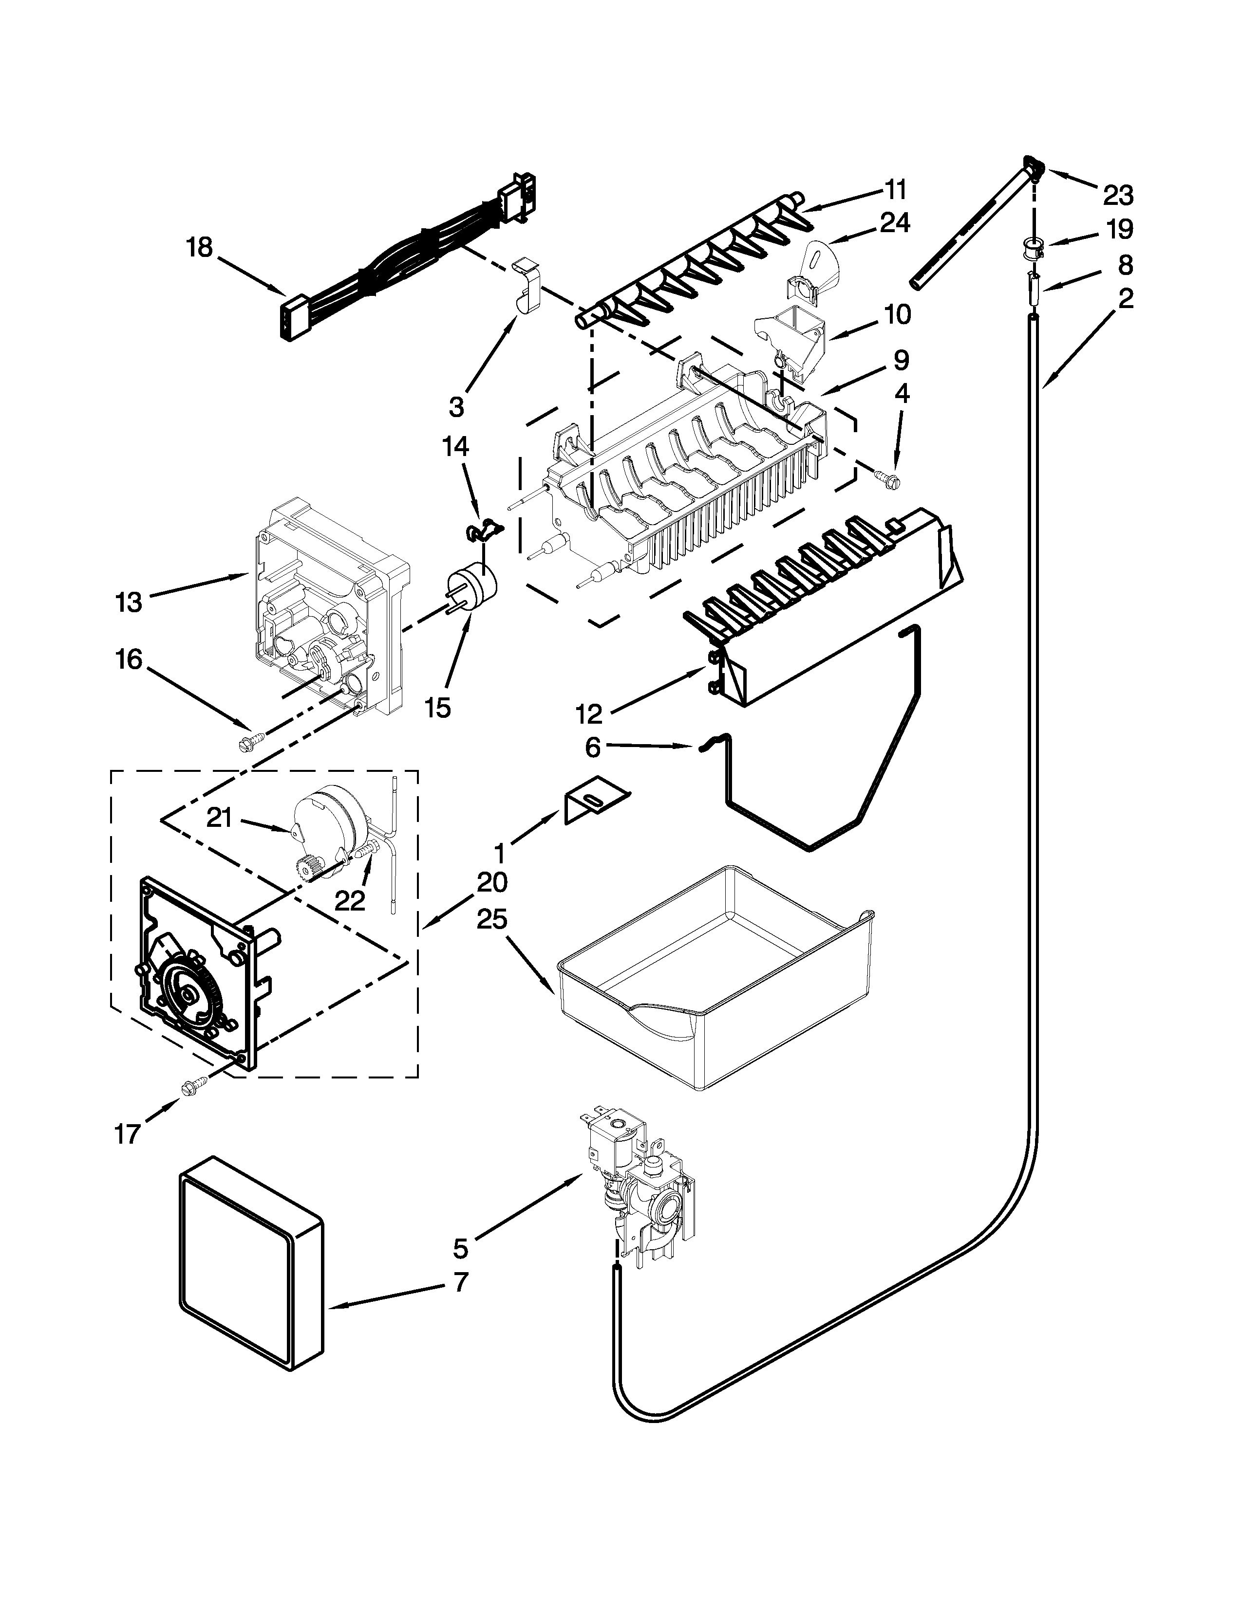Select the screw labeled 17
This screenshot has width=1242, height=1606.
tap(193, 1085)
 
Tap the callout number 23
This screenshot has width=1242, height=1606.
tap(1117, 196)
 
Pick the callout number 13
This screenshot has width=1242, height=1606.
tap(128, 602)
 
